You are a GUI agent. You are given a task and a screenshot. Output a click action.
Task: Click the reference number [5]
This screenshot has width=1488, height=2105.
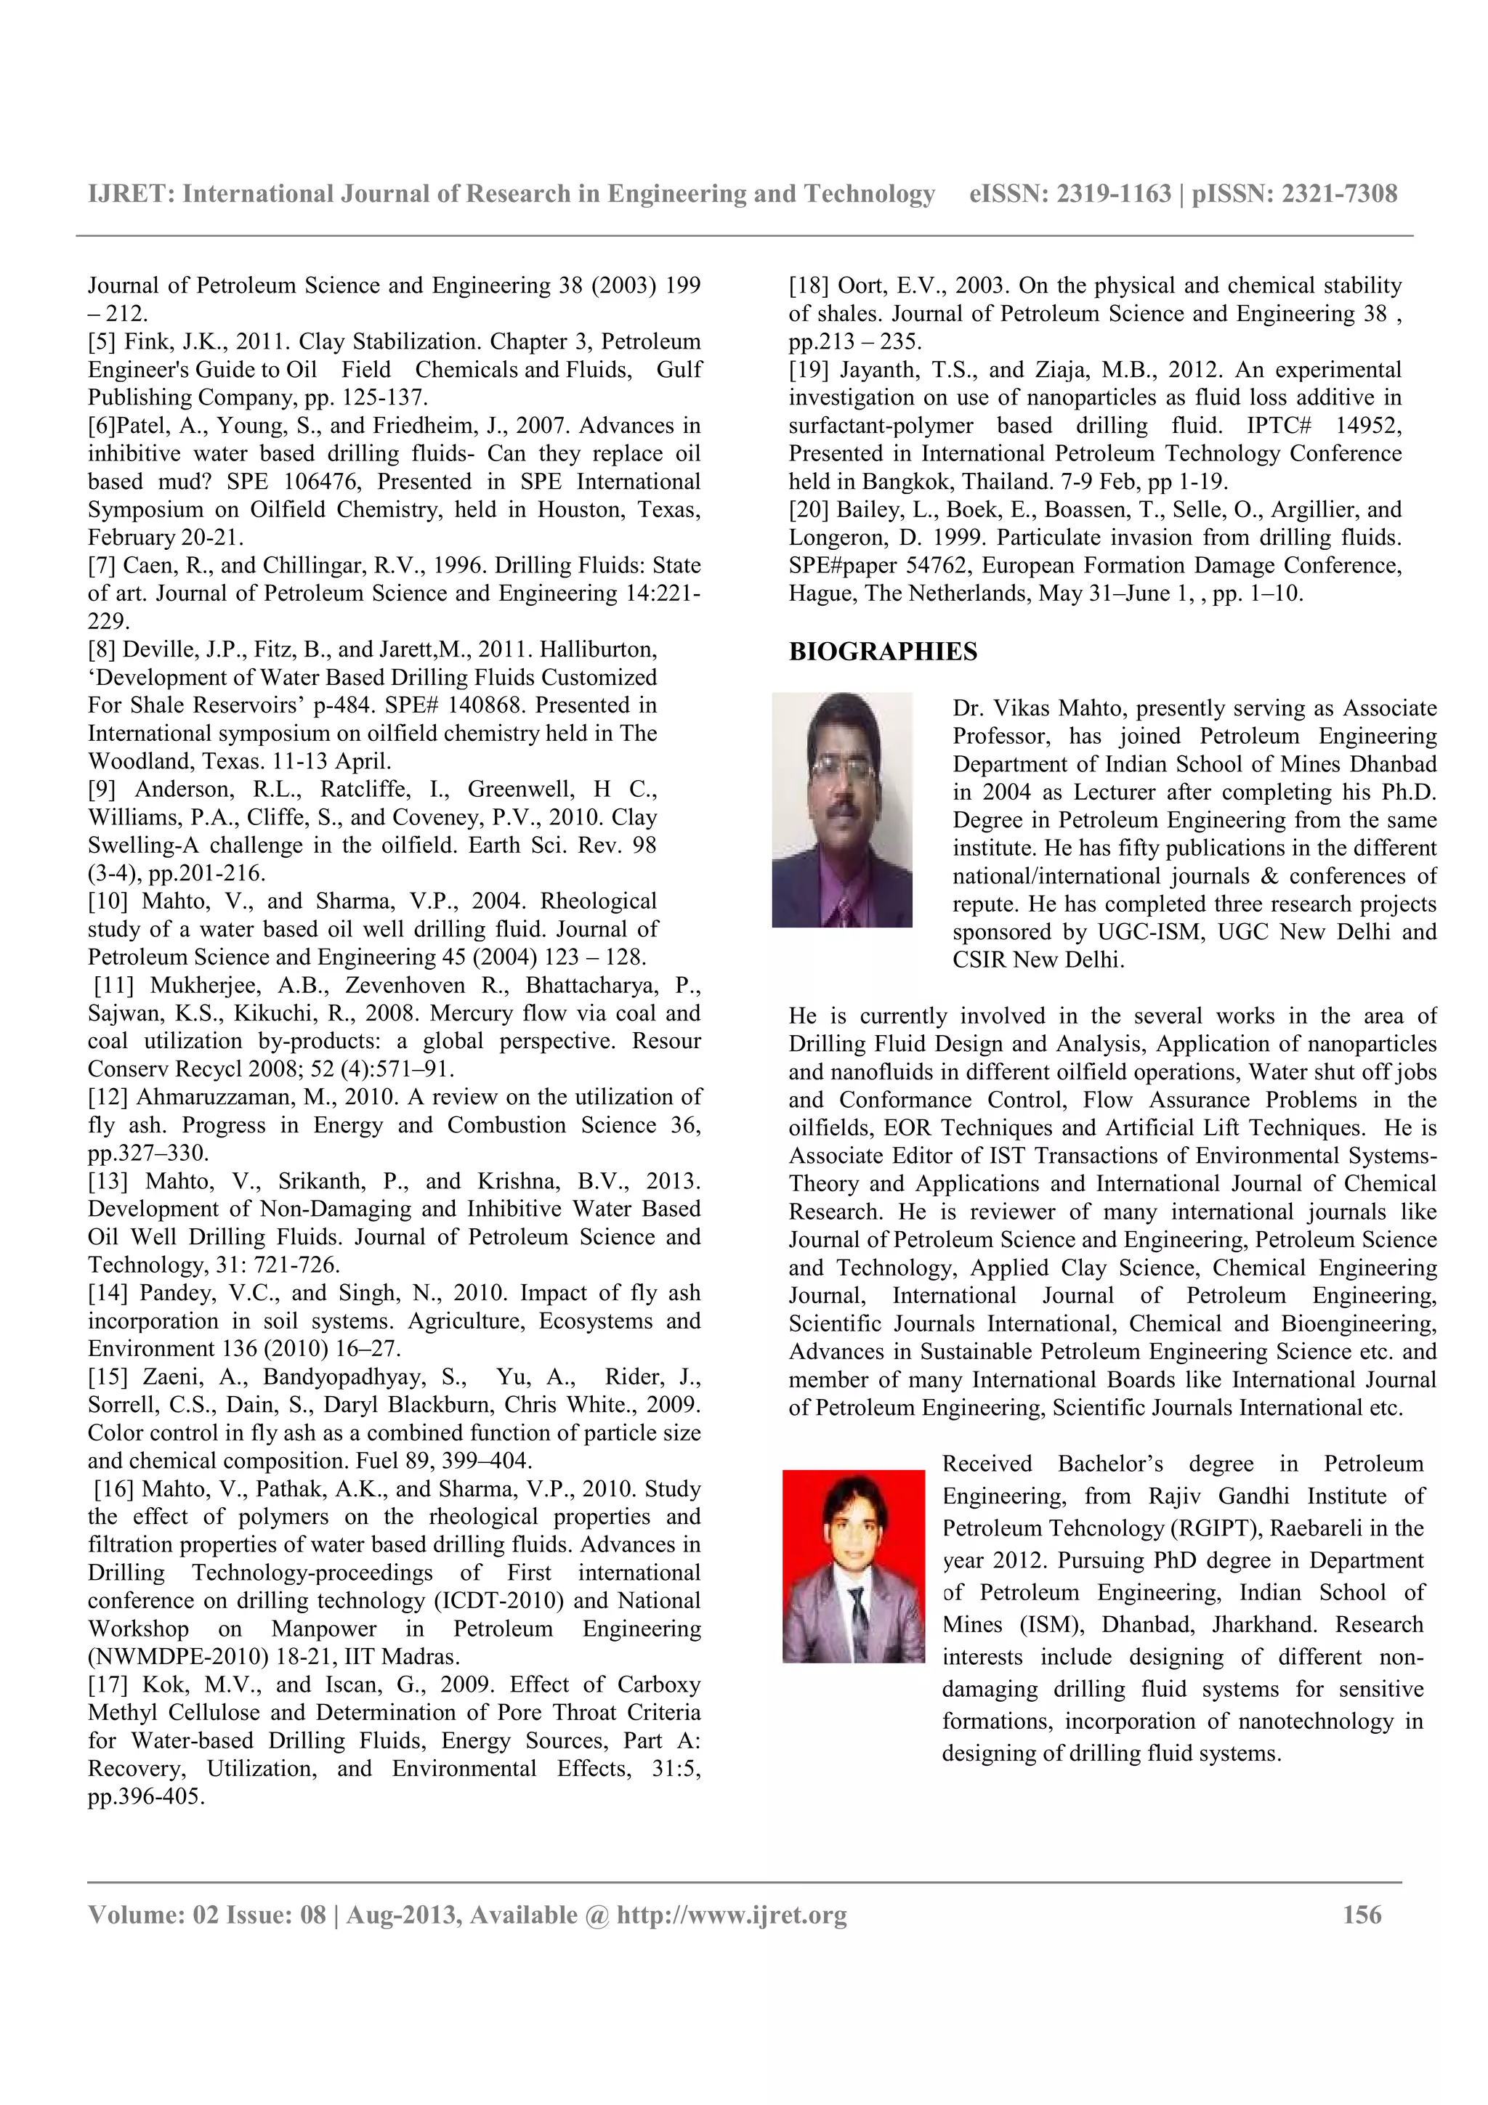102,342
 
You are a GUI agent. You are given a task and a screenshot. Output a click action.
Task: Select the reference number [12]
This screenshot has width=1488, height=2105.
108,1098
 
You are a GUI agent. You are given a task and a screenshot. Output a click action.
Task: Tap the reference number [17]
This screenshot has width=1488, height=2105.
108,1685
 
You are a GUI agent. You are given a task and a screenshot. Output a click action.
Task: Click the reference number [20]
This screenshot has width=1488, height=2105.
809,510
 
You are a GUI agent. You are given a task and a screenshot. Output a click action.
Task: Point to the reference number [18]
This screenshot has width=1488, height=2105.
809,286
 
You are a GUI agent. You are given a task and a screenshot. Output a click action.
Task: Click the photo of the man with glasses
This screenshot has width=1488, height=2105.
841,810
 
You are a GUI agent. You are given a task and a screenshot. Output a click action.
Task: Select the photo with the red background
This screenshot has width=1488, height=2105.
853,1566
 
